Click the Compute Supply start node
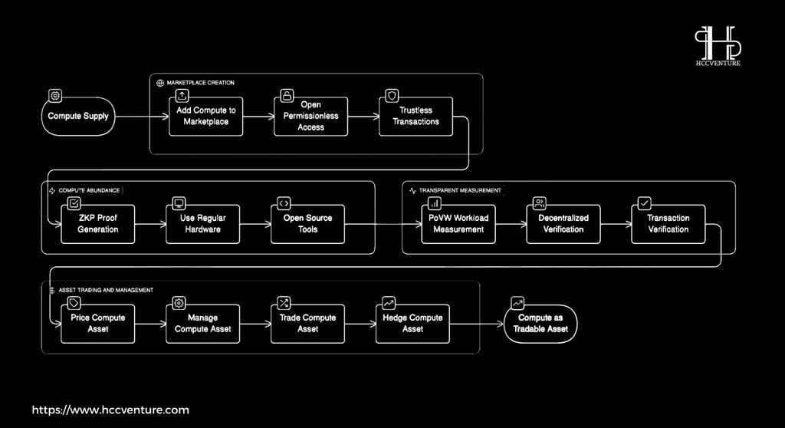78,117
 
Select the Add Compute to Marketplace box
205,117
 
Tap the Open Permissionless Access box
311,117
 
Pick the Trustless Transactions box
416,117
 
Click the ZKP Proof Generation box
98,224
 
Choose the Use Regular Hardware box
202,224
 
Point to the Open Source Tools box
308,224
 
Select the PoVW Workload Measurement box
458,224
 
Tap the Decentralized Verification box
563,224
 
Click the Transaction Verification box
668,224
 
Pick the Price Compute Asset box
98,324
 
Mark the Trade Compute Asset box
308,324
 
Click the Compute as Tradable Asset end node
540,324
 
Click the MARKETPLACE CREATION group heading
200,83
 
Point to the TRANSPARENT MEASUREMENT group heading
460,190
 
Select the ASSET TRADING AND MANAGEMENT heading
106,290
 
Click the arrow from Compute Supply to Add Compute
142,117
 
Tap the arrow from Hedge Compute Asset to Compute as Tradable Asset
477,324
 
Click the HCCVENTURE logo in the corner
718,46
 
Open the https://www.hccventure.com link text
110,410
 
